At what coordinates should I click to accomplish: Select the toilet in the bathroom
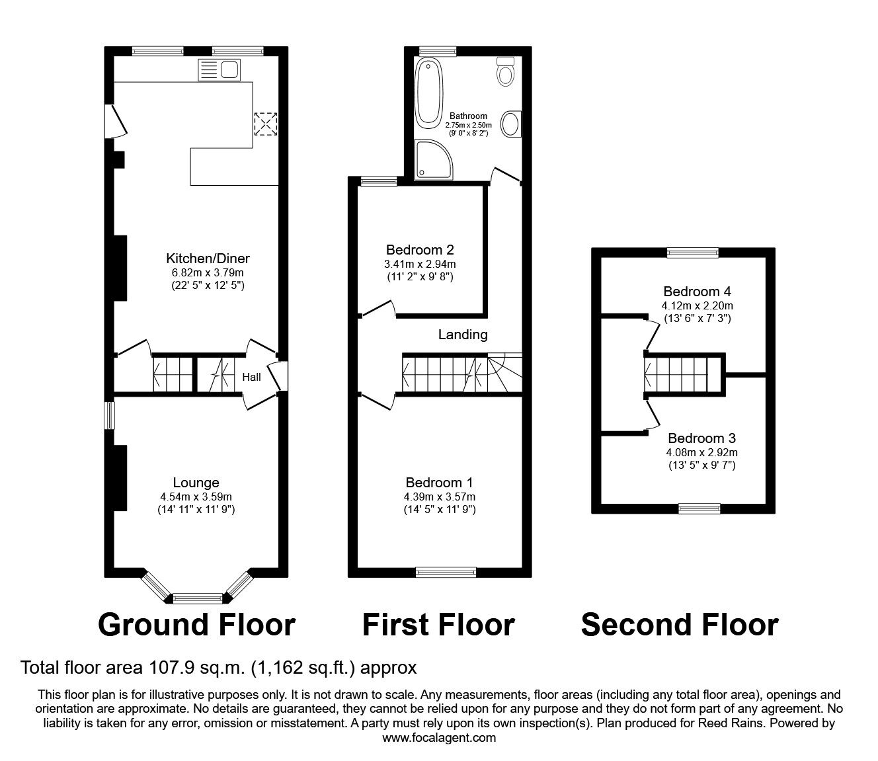tap(506, 71)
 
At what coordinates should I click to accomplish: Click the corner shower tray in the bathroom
tap(433, 159)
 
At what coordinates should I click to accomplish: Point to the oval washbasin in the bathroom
tap(510, 124)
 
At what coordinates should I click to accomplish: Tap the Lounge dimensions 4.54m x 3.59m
tap(196, 497)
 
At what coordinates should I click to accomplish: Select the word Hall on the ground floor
tap(251, 378)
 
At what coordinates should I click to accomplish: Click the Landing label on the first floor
tap(463, 335)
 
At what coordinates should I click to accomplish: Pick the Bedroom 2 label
tap(420, 250)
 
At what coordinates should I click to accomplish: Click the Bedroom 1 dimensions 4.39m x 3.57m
tap(439, 497)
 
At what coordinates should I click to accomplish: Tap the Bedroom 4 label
tap(697, 292)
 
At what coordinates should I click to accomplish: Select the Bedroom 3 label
tap(701, 438)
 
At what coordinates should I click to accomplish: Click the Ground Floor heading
tap(196, 625)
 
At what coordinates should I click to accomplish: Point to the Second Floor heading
tap(680, 625)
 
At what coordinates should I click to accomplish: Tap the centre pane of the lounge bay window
tap(196, 598)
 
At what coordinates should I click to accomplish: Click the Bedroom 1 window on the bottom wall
tap(446, 573)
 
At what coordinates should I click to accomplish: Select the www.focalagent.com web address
tap(439, 738)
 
